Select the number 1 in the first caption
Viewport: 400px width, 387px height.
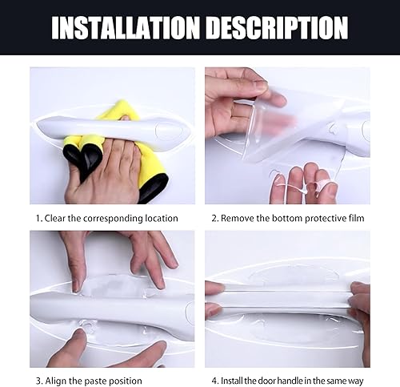click(38, 218)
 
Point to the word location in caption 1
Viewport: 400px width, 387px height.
click(159, 218)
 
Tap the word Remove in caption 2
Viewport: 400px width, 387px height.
click(238, 218)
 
